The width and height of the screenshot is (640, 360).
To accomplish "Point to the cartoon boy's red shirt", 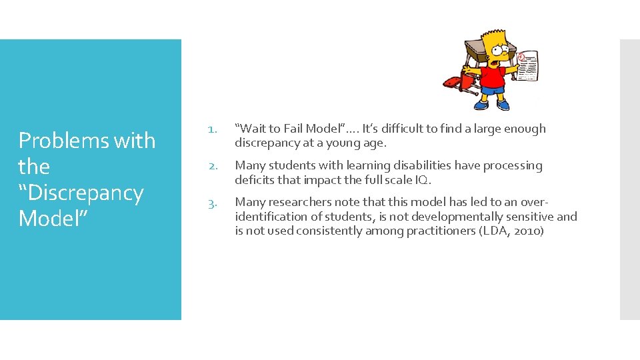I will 493,73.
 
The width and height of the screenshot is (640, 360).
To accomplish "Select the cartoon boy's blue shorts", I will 493,89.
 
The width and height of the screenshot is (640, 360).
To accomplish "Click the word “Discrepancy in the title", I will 81,193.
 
